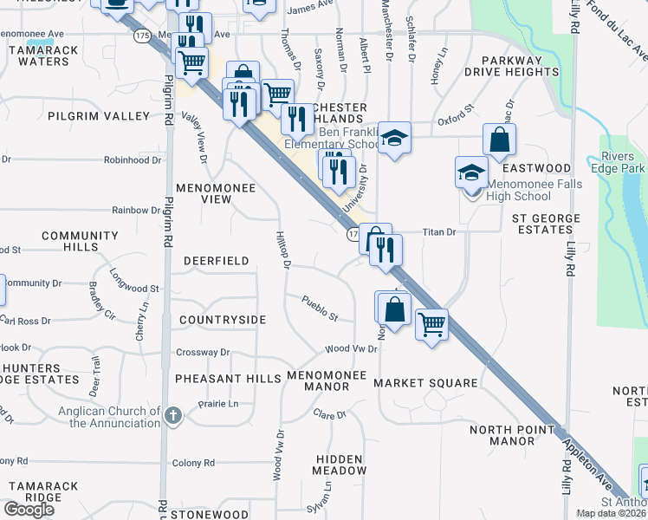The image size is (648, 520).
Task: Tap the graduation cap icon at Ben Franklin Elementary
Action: (x=394, y=138)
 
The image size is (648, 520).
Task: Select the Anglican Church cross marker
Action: (x=173, y=415)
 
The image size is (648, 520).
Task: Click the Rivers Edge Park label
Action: (x=623, y=162)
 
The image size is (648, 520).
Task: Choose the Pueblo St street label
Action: (x=320, y=307)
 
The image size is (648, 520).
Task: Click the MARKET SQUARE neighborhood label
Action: (x=425, y=383)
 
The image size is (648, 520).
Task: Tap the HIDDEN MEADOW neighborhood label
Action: (x=340, y=464)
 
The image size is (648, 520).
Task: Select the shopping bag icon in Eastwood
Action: (x=500, y=140)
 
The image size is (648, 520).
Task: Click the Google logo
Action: (x=29, y=510)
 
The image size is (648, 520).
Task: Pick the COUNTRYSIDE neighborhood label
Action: (x=222, y=320)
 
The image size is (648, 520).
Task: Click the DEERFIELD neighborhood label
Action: (x=216, y=261)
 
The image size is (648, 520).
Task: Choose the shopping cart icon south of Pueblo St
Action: (x=431, y=325)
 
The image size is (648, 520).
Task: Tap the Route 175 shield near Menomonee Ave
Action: (x=142, y=35)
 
